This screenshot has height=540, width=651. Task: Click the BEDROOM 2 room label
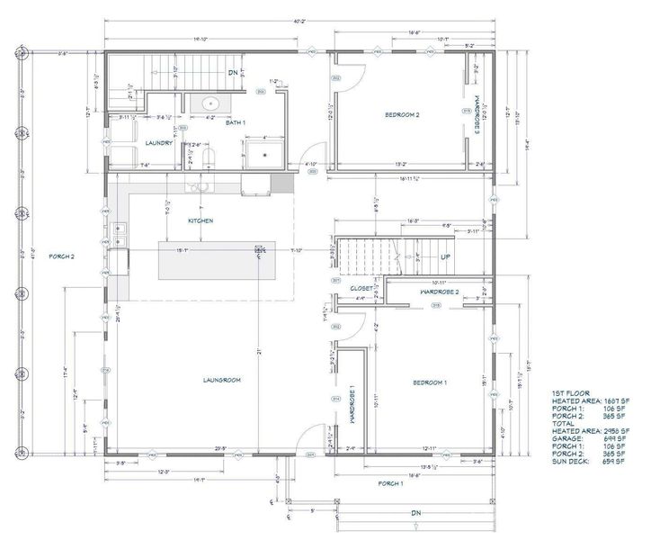[x=403, y=115]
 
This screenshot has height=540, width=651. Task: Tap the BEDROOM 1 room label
[x=429, y=383]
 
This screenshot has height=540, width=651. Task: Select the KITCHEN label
[x=200, y=220]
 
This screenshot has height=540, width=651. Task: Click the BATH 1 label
[x=236, y=121]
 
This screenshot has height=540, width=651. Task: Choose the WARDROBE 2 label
[x=440, y=292]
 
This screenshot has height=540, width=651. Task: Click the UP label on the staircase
[x=444, y=256]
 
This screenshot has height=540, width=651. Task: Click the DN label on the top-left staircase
[x=232, y=72]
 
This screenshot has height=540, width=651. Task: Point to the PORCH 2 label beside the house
[x=60, y=256]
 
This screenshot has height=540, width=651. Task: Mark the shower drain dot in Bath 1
[x=265, y=153]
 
